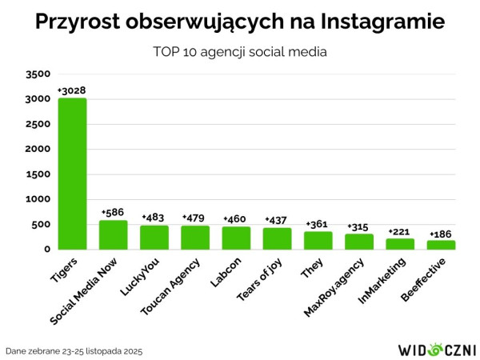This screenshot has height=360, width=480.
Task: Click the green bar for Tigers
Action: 72,173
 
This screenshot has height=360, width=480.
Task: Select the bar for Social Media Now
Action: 114,234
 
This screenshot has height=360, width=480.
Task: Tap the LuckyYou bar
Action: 154,237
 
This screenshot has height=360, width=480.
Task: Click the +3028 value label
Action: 72,90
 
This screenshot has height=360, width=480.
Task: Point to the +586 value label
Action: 114,212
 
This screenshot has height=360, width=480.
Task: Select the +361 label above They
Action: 318,223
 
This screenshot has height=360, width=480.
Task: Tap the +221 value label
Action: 400,231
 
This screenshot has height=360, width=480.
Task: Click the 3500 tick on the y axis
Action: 38,74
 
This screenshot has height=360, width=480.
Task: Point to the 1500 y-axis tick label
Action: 38,174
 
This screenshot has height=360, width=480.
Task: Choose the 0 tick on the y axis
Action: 46,250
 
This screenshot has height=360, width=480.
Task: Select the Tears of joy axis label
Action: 259,280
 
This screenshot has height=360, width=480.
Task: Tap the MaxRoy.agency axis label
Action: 340,285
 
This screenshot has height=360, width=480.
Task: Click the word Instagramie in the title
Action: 378,22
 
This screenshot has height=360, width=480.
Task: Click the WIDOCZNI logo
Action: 436,349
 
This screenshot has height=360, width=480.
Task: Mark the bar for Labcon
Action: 236,238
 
